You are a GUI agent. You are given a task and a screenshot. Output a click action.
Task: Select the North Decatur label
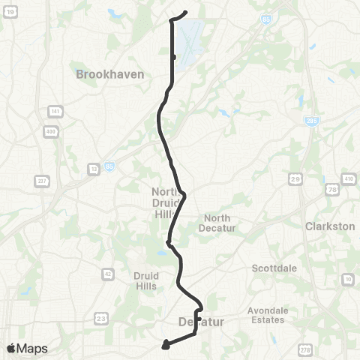(220, 223)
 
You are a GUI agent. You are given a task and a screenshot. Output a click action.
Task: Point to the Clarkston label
(329, 225)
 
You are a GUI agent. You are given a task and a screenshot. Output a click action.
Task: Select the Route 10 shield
(347, 280)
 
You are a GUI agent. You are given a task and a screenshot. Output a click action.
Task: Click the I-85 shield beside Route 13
(109, 167)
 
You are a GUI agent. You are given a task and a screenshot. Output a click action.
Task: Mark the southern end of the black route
(164, 346)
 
